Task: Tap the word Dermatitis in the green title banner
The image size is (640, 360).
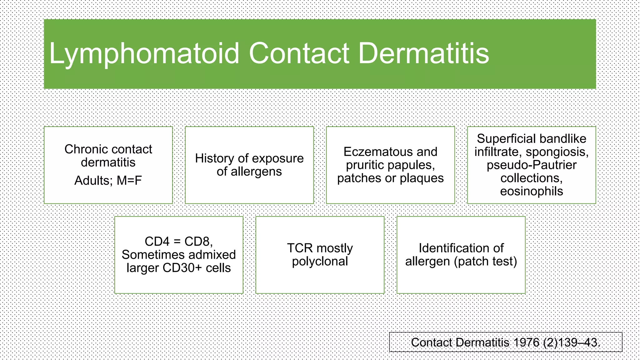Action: [423, 54]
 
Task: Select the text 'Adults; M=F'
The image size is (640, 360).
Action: [108, 181]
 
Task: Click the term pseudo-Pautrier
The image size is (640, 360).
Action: [531, 165]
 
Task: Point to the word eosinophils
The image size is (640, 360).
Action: [531, 191]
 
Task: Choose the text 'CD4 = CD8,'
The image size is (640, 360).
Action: [179, 242]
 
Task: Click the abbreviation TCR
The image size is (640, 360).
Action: [300, 248]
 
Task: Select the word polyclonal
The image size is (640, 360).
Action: [320, 261]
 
